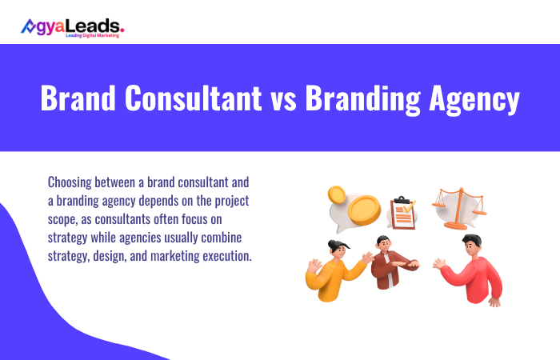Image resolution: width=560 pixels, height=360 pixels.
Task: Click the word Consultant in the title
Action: (x=193, y=100)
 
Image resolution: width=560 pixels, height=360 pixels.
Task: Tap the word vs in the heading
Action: (x=285, y=100)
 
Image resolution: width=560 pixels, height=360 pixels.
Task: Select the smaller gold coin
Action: (x=336, y=194)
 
